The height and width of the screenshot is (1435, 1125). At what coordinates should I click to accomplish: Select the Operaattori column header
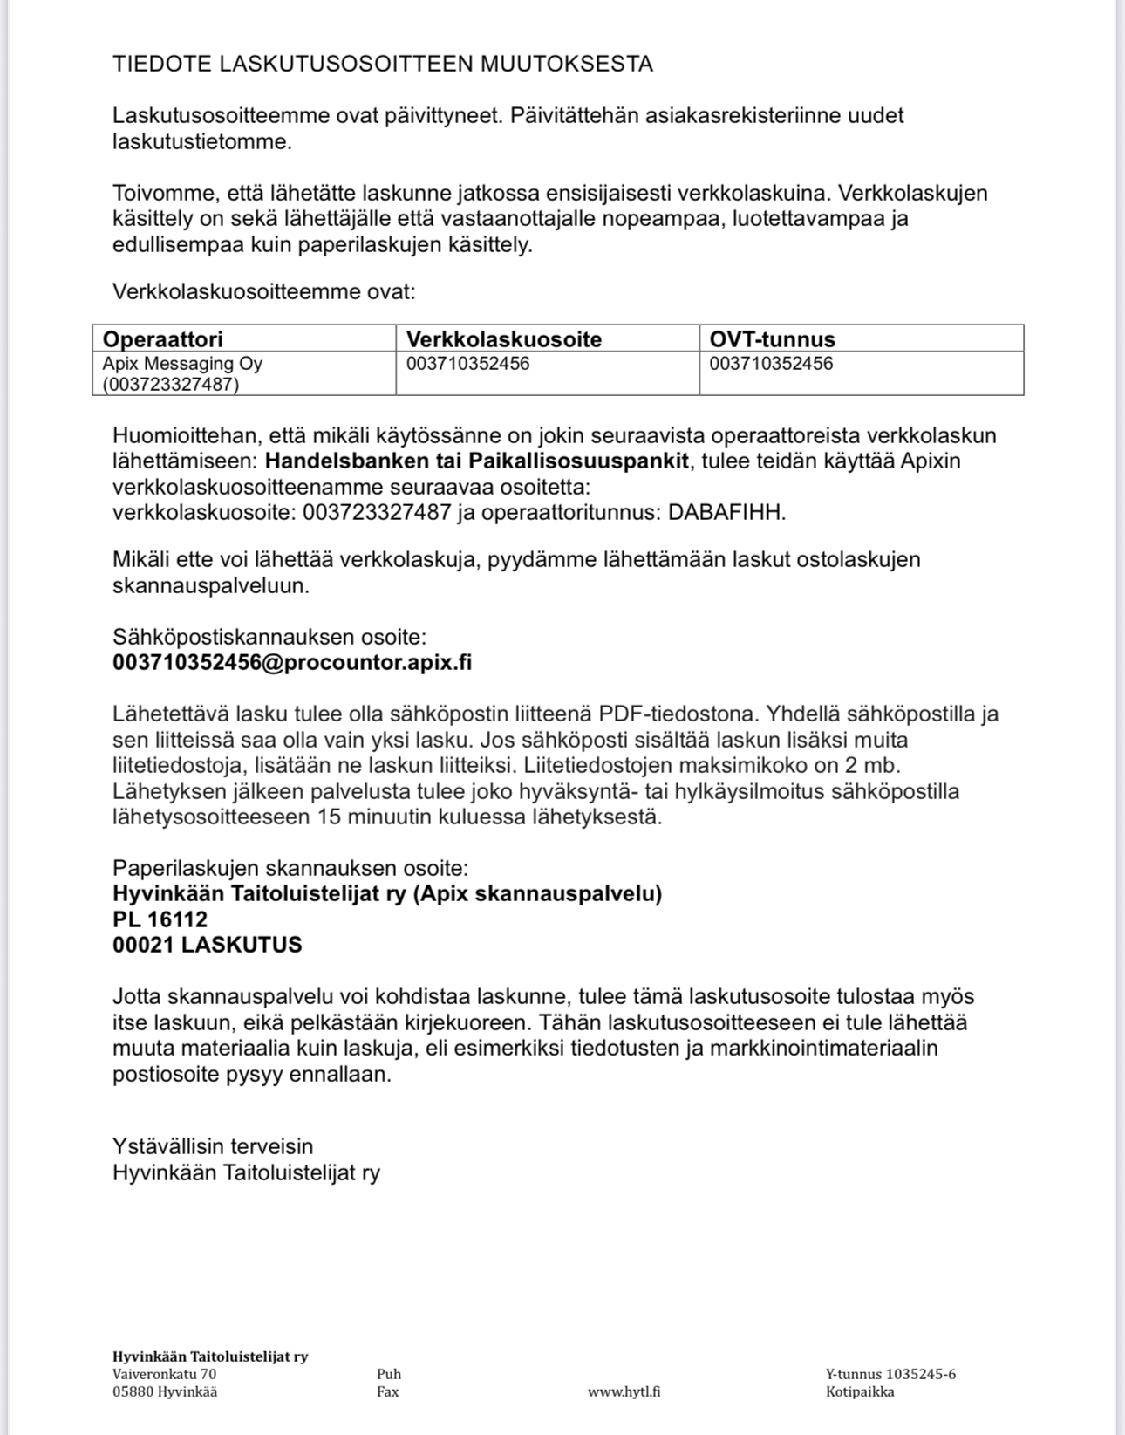[163, 339]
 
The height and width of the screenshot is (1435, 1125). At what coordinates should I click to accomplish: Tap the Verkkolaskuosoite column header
[504, 339]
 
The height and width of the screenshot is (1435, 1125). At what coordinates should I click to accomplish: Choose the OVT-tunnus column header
[772, 339]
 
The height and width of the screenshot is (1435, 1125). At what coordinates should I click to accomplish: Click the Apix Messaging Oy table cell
[182, 364]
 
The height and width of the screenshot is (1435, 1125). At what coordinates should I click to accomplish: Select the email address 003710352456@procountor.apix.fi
[292, 662]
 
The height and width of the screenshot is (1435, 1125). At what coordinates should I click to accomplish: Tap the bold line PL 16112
[160, 919]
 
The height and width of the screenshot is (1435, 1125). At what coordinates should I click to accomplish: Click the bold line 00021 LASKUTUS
[208, 945]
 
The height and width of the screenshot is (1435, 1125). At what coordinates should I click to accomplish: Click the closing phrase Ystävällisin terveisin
[213, 1146]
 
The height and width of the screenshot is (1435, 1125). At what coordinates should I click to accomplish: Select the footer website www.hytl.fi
[624, 1391]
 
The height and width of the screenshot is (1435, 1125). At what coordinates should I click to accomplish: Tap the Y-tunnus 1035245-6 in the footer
[890, 1374]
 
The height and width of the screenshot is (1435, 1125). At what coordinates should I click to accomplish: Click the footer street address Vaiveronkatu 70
[164, 1374]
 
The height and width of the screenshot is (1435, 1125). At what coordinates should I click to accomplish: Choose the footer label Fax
[388, 1391]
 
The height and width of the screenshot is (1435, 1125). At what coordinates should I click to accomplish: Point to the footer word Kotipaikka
[860, 1391]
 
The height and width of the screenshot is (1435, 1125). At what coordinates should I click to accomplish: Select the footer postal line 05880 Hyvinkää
[165, 1391]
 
